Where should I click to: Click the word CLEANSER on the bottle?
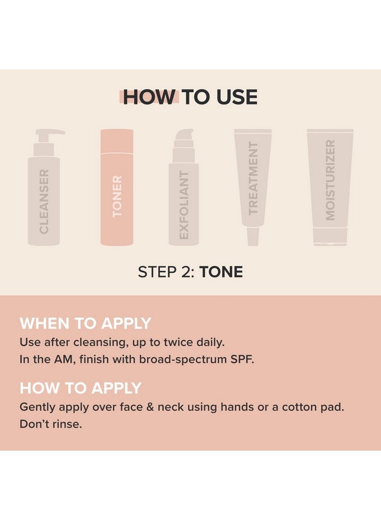(44, 201)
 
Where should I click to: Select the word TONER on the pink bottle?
(117, 196)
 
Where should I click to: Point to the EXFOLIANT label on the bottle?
(184, 205)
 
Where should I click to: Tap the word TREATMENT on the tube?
(253, 178)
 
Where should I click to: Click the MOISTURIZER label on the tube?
(330, 180)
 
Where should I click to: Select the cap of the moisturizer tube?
(330, 236)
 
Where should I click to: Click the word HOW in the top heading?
(148, 97)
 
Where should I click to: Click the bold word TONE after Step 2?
(221, 272)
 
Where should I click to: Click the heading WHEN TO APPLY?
(85, 323)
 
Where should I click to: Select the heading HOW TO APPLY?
(81, 387)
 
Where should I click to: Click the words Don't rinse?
(51, 424)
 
